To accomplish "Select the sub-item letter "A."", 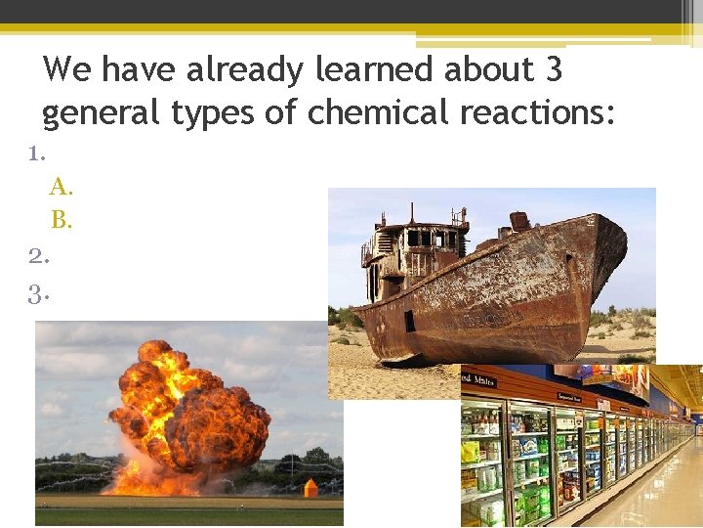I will coord(62,186).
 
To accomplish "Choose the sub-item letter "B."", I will coord(62,220).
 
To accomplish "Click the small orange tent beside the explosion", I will coord(310,486).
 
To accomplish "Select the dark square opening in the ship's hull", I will coord(409,320).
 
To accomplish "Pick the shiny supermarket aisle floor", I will coord(644,489).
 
